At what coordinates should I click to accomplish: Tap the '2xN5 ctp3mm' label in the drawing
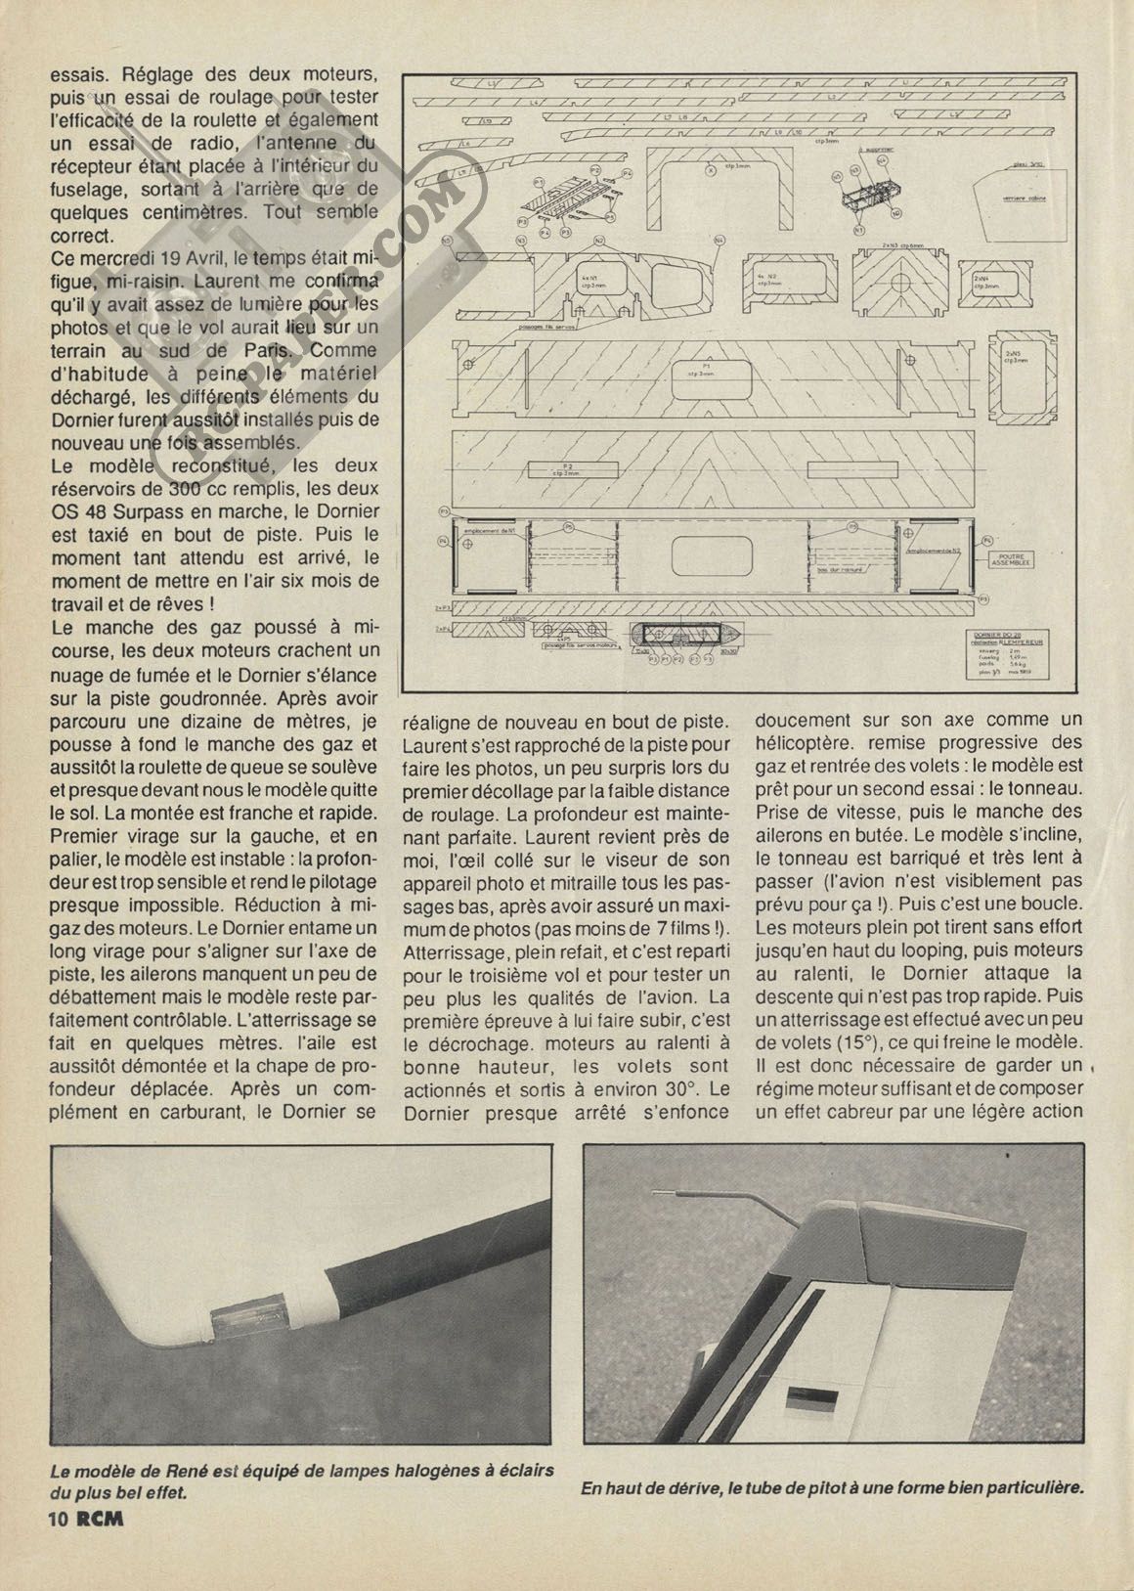click(x=1013, y=356)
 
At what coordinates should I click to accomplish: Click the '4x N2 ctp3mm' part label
click(x=766, y=280)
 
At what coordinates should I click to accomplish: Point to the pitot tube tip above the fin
click(x=656, y=1194)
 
